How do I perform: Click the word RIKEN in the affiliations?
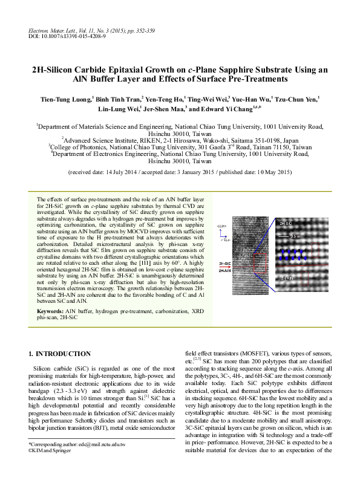pyautogui.click(x=143, y=138)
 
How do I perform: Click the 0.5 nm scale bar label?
pyautogui.click(x=296, y=236)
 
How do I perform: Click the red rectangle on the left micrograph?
pyautogui.click(x=261, y=267)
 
